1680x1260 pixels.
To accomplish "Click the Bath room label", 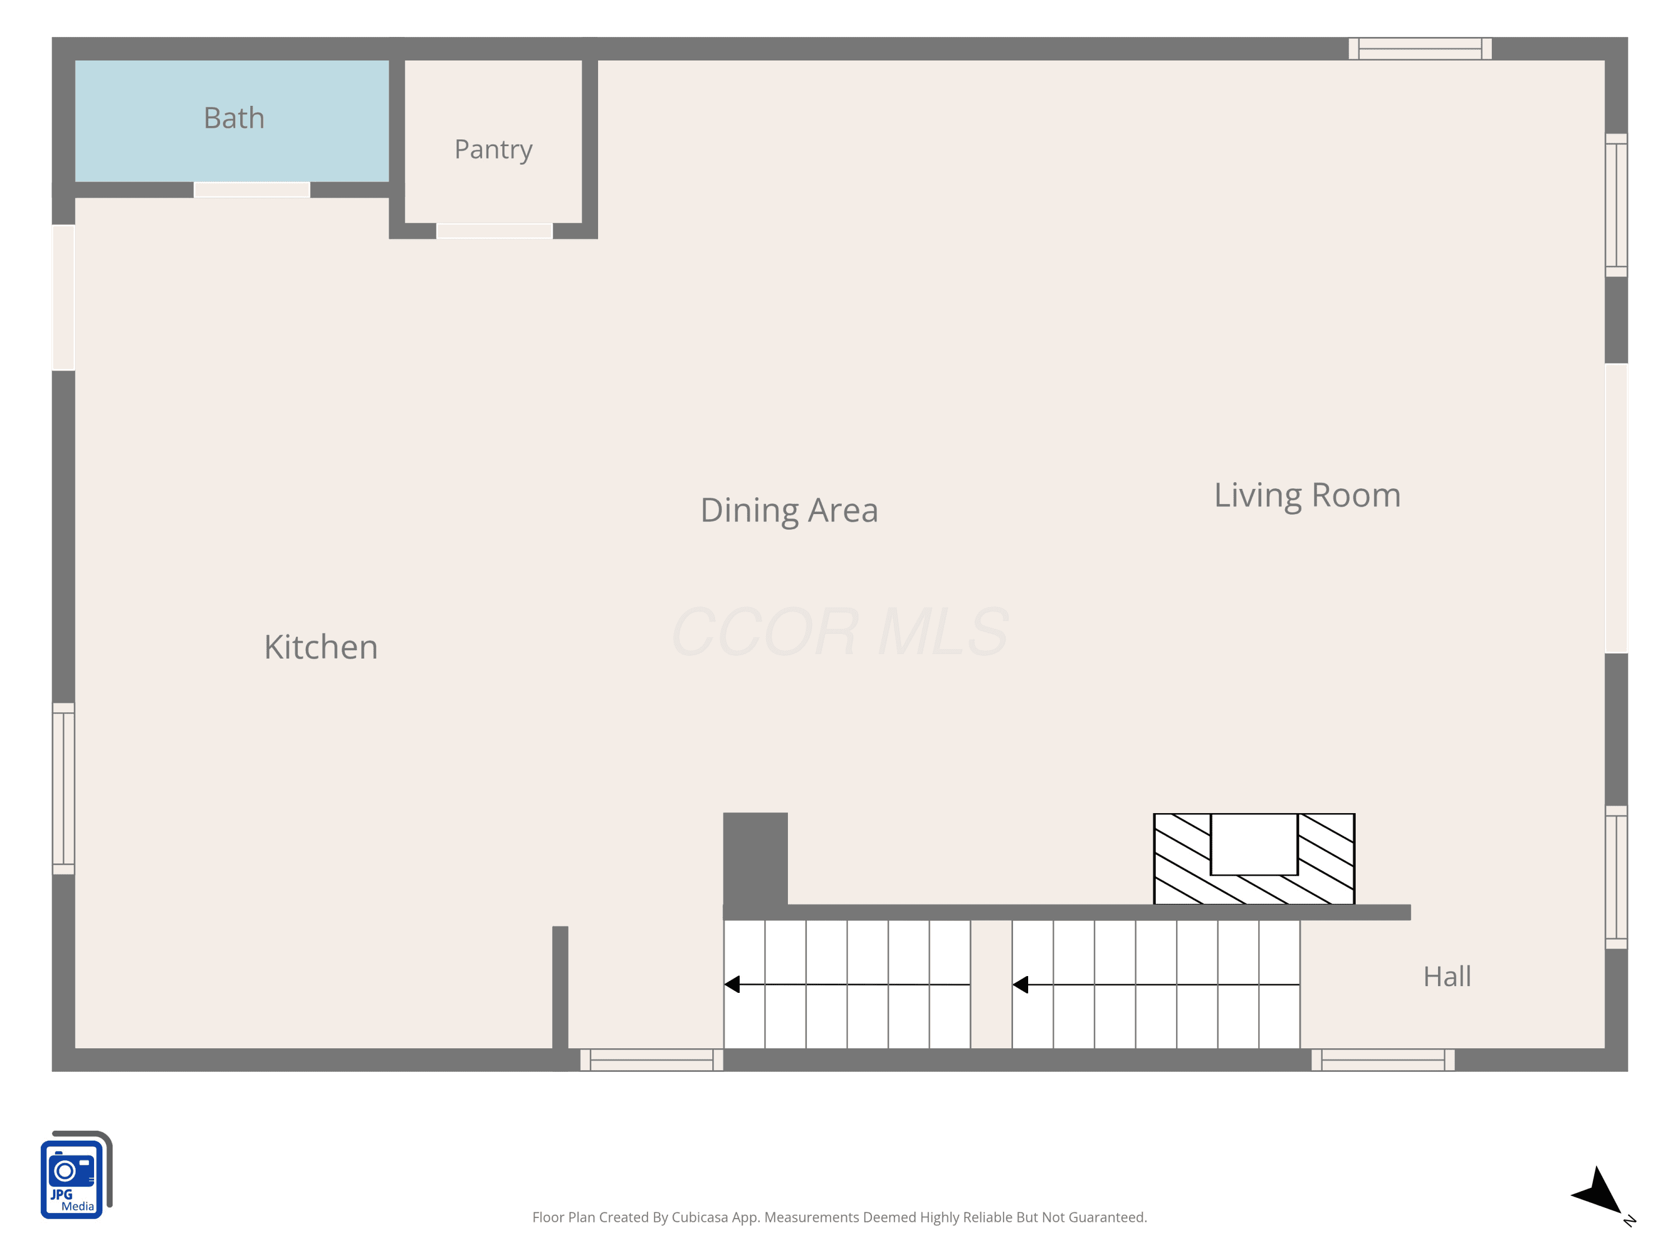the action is pyautogui.click(x=234, y=119).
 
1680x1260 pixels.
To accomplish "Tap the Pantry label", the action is pyautogui.click(x=494, y=150).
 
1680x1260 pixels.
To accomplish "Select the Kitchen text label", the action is pyautogui.click(x=320, y=647).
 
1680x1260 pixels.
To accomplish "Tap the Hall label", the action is pyautogui.click(x=1447, y=977).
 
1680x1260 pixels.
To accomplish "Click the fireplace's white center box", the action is pyautogui.click(x=1254, y=844).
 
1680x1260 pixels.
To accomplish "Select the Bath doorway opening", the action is pyautogui.click(x=252, y=190).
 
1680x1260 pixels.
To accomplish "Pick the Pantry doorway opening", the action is pyautogui.click(x=494, y=231).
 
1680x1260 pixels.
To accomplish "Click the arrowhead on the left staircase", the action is pyautogui.click(x=732, y=984).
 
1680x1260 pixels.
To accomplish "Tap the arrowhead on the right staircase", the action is pyautogui.click(x=1021, y=984).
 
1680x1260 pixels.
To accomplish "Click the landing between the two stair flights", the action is pyautogui.click(x=991, y=984).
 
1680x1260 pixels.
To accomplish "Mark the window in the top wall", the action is pyautogui.click(x=1420, y=49).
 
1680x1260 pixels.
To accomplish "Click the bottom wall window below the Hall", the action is pyautogui.click(x=1383, y=1060).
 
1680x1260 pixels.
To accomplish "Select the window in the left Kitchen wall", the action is pyautogui.click(x=64, y=789).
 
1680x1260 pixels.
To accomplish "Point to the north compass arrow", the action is pyautogui.click(x=1599, y=1192).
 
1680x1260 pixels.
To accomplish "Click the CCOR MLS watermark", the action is pyautogui.click(x=840, y=632).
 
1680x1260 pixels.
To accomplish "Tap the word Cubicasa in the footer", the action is pyautogui.click(x=703, y=1217).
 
